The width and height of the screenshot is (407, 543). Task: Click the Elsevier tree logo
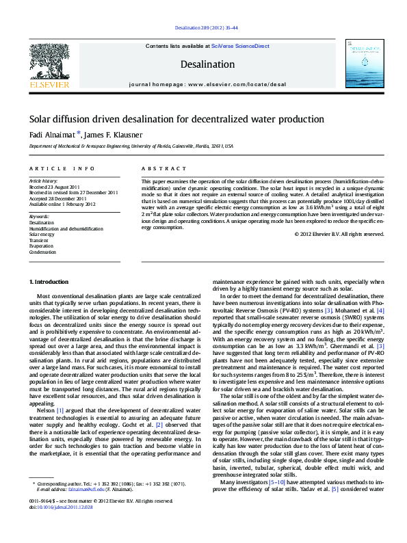[49, 62]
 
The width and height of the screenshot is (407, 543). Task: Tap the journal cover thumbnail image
[363, 64]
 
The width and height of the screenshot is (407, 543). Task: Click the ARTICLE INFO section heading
[62, 168]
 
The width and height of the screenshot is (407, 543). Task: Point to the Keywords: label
[39, 216]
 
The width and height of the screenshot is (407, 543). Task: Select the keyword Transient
[39, 241]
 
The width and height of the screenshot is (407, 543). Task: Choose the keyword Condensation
[42, 252]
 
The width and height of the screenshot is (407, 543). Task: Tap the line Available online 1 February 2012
[62, 204]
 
